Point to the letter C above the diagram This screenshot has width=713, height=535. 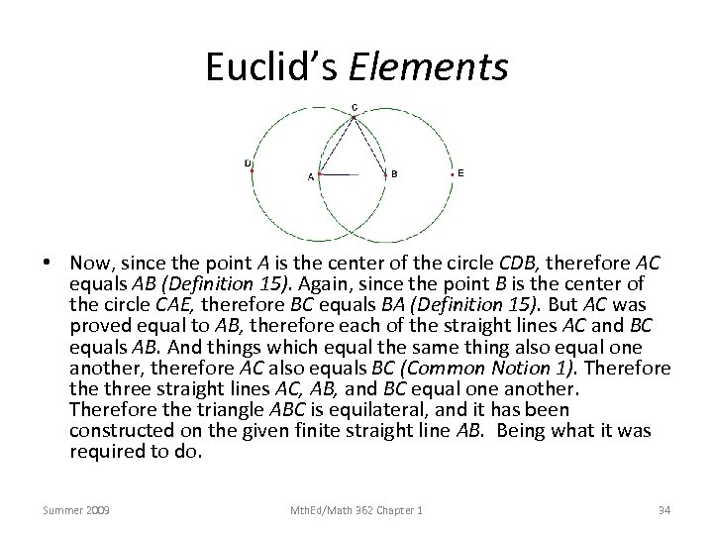(x=355, y=107)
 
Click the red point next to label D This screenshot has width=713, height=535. (x=252, y=172)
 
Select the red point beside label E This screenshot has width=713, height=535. (x=453, y=174)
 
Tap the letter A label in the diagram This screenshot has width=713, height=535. (x=310, y=177)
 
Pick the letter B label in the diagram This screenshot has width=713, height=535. (x=395, y=173)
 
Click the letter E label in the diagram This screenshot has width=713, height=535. (x=460, y=173)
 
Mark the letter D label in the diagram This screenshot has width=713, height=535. (x=247, y=162)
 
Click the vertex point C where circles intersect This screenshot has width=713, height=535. (x=354, y=118)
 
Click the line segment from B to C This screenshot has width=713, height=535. (x=369, y=146)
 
